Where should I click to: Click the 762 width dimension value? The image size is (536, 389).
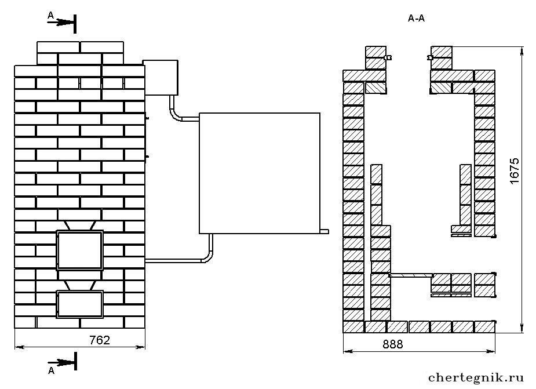click(100, 340)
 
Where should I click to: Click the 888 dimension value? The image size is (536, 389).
click(393, 344)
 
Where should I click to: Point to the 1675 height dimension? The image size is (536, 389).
click(514, 171)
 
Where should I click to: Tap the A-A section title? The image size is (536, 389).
click(417, 18)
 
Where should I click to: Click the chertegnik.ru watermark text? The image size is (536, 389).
click(476, 377)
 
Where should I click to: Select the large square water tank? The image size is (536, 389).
click(260, 173)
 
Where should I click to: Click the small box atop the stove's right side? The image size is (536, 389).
click(161, 77)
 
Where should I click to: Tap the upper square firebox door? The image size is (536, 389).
click(79, 250)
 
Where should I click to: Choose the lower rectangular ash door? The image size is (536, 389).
click(79, 304)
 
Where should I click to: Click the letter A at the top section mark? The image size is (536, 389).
click(50, 15)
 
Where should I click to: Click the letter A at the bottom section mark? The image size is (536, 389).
click(51, 370)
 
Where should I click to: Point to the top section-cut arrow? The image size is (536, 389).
click(61, 23)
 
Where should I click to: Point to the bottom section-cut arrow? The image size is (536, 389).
click(61, 362)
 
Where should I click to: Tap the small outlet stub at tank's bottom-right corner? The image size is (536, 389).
click(324, 232)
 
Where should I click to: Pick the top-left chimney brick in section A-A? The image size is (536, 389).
click(375, 52)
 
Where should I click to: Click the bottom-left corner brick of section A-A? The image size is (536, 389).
click(353, 327)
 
